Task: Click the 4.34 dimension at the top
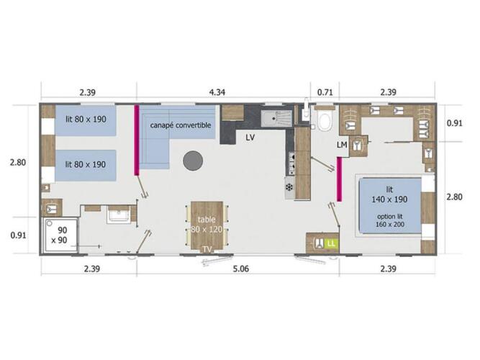pyautogui.click(x=217, y=92)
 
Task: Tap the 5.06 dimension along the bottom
pyautogui.click(x=241, y=269)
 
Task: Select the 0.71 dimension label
pyautogui.click(x=325, y=92)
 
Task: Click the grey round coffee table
pyautogui.click(x=193, y=161)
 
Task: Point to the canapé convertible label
pyautogui.click(x=181, y=125)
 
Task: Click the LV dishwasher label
pyautogui.click(x=250, y=138)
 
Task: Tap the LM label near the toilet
pyautogui.click(x=342, y=145)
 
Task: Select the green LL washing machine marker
pyautogui.click(x=331, y=243)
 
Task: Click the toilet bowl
pyautogui.click(x=324, y=122)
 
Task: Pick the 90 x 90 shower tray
pyautogui.click(x=60, y=235)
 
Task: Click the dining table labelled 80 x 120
pyautogui.click(x=207, y=225)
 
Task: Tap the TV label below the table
pyautogui.click(x=207, y=249)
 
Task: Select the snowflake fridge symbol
pyautogui.click(x=289, y=187)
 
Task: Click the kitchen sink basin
pyautogui.click(x=276, y=118)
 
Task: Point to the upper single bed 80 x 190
pyautogui.click(x=86, y=120)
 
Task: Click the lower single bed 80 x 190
pyautogui.click(x=86, y=166)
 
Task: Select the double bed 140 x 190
pyautogui.click(x=390, y=206)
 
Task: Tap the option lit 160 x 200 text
pyautogui.click(x=390, y=220)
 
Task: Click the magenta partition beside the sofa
pyautogui.click(x=137, y=140)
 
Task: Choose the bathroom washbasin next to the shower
pyautogui.click(x=119, y=214)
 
